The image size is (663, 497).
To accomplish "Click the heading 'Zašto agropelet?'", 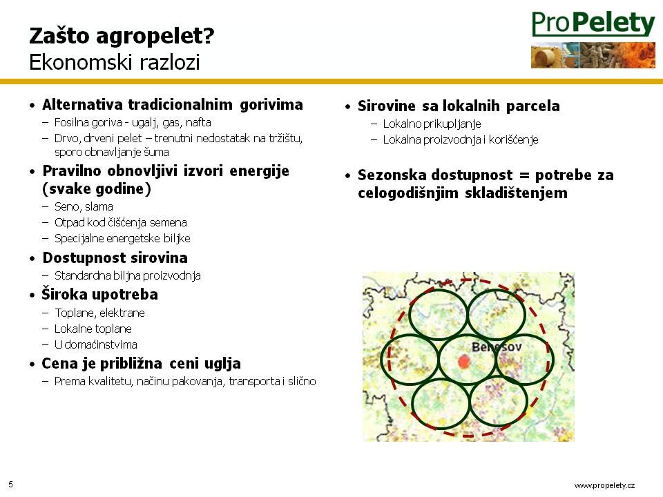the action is tap(122, 36).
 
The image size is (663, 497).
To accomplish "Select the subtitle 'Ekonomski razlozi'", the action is tap(115, 62).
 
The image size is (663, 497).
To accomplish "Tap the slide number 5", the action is tap(10, 485).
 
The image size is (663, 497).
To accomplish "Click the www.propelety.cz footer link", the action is tap(604, 485).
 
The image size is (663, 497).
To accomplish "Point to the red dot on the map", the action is tap(464, 361).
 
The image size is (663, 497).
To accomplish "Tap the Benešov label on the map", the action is tap(497, 347).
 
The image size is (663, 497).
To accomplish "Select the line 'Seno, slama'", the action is tap(84, 206).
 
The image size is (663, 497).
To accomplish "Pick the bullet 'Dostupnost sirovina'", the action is tap(115, 257).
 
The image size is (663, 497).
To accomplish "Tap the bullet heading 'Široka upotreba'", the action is tap(99, 294).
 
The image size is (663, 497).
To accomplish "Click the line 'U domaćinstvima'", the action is tap(96, 345).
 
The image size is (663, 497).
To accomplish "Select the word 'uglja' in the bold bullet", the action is tap(222, 364).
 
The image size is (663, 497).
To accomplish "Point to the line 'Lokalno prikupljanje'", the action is tap(432, 124).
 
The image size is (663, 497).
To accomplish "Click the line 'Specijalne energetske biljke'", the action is tap(122, 239).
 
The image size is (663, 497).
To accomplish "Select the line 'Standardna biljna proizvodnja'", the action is tap(128, 276).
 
